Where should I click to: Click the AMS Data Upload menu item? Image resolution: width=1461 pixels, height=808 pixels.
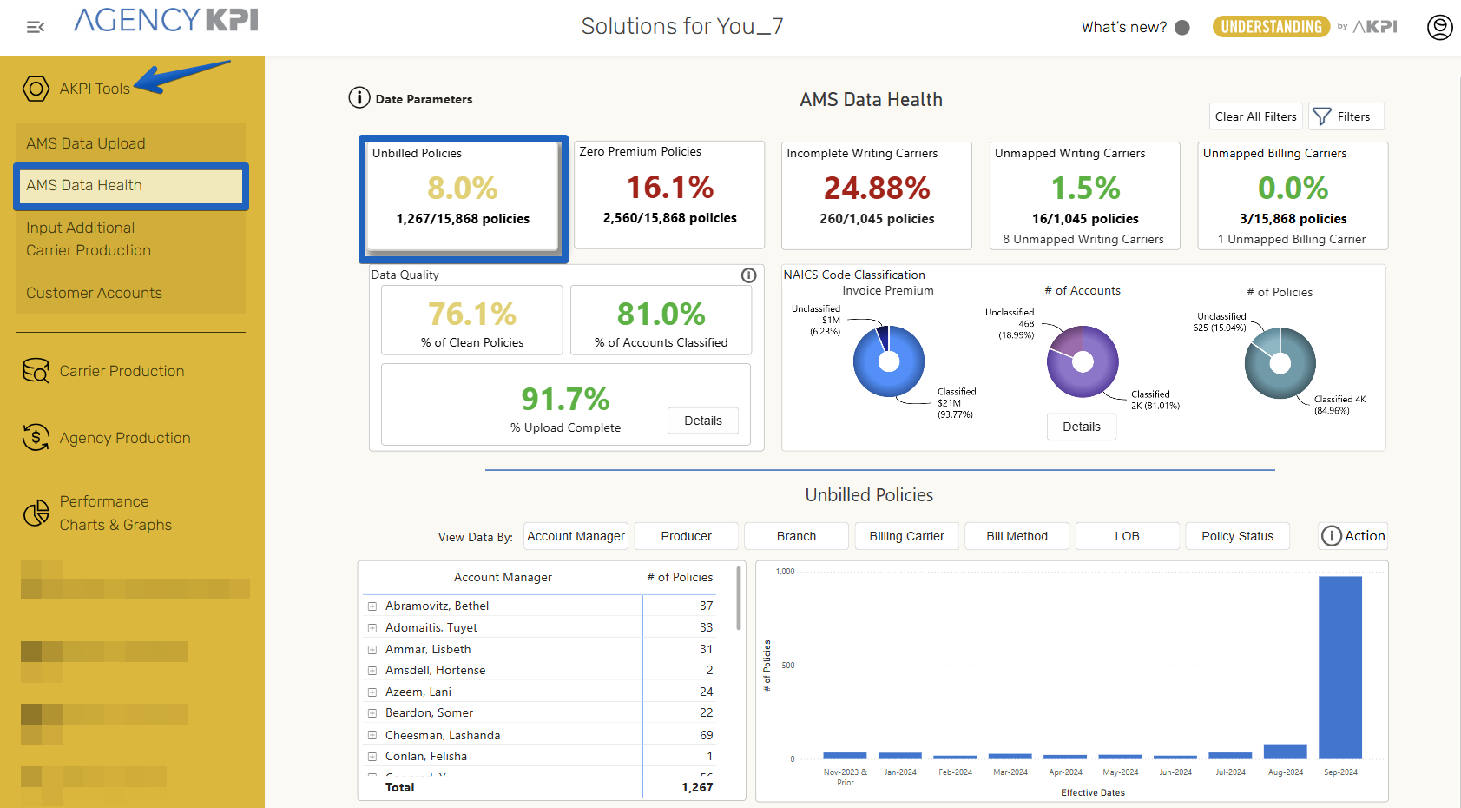(x=86, y=143)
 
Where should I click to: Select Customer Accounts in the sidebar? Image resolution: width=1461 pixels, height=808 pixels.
(x=94, y=293)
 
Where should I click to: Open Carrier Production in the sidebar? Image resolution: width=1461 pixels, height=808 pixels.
(x=122, y=371)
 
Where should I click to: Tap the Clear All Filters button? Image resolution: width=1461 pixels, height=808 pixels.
(x=1255, y=116)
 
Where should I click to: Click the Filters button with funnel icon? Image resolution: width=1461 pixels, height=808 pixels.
(x=1346, y=116)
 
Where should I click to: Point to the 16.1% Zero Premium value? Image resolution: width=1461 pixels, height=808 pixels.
(x=670, y=187)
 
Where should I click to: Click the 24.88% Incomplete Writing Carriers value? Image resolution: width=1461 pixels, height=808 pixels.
(x=877, y=188)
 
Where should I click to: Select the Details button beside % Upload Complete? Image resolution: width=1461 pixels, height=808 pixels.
(x=703, y=421)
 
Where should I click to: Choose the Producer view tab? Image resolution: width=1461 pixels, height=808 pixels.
(x=686, y=536)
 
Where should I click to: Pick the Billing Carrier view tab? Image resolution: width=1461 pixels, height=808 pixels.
(x=906, y=536)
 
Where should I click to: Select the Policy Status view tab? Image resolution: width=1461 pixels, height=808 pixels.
(x=1237, y=536)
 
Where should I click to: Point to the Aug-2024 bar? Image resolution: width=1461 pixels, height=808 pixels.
(x=1285, y=752)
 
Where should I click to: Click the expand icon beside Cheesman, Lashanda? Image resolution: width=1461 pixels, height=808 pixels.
(x=372, y=735)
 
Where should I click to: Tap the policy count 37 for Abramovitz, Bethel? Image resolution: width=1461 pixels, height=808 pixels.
(x=707, y=606)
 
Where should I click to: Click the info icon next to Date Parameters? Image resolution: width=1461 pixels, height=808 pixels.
(x=359, y=98)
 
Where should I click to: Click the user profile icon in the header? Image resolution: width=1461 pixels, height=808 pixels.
(x=1439, y=28)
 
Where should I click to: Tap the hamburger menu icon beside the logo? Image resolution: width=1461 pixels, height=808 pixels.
(x=36, y=28)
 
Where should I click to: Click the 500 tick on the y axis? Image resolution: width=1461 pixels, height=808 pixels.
(x=788, y=666)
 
